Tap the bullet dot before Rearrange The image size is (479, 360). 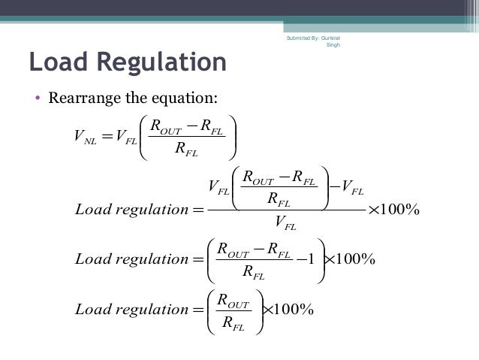[36, 98]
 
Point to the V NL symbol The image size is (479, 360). [83, 137]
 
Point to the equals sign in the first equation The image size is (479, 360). [107, 136]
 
